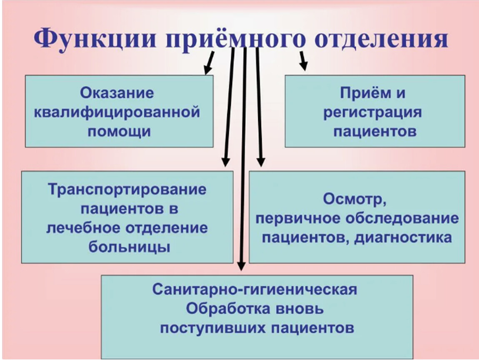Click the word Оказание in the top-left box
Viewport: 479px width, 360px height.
tap(117, 92)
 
